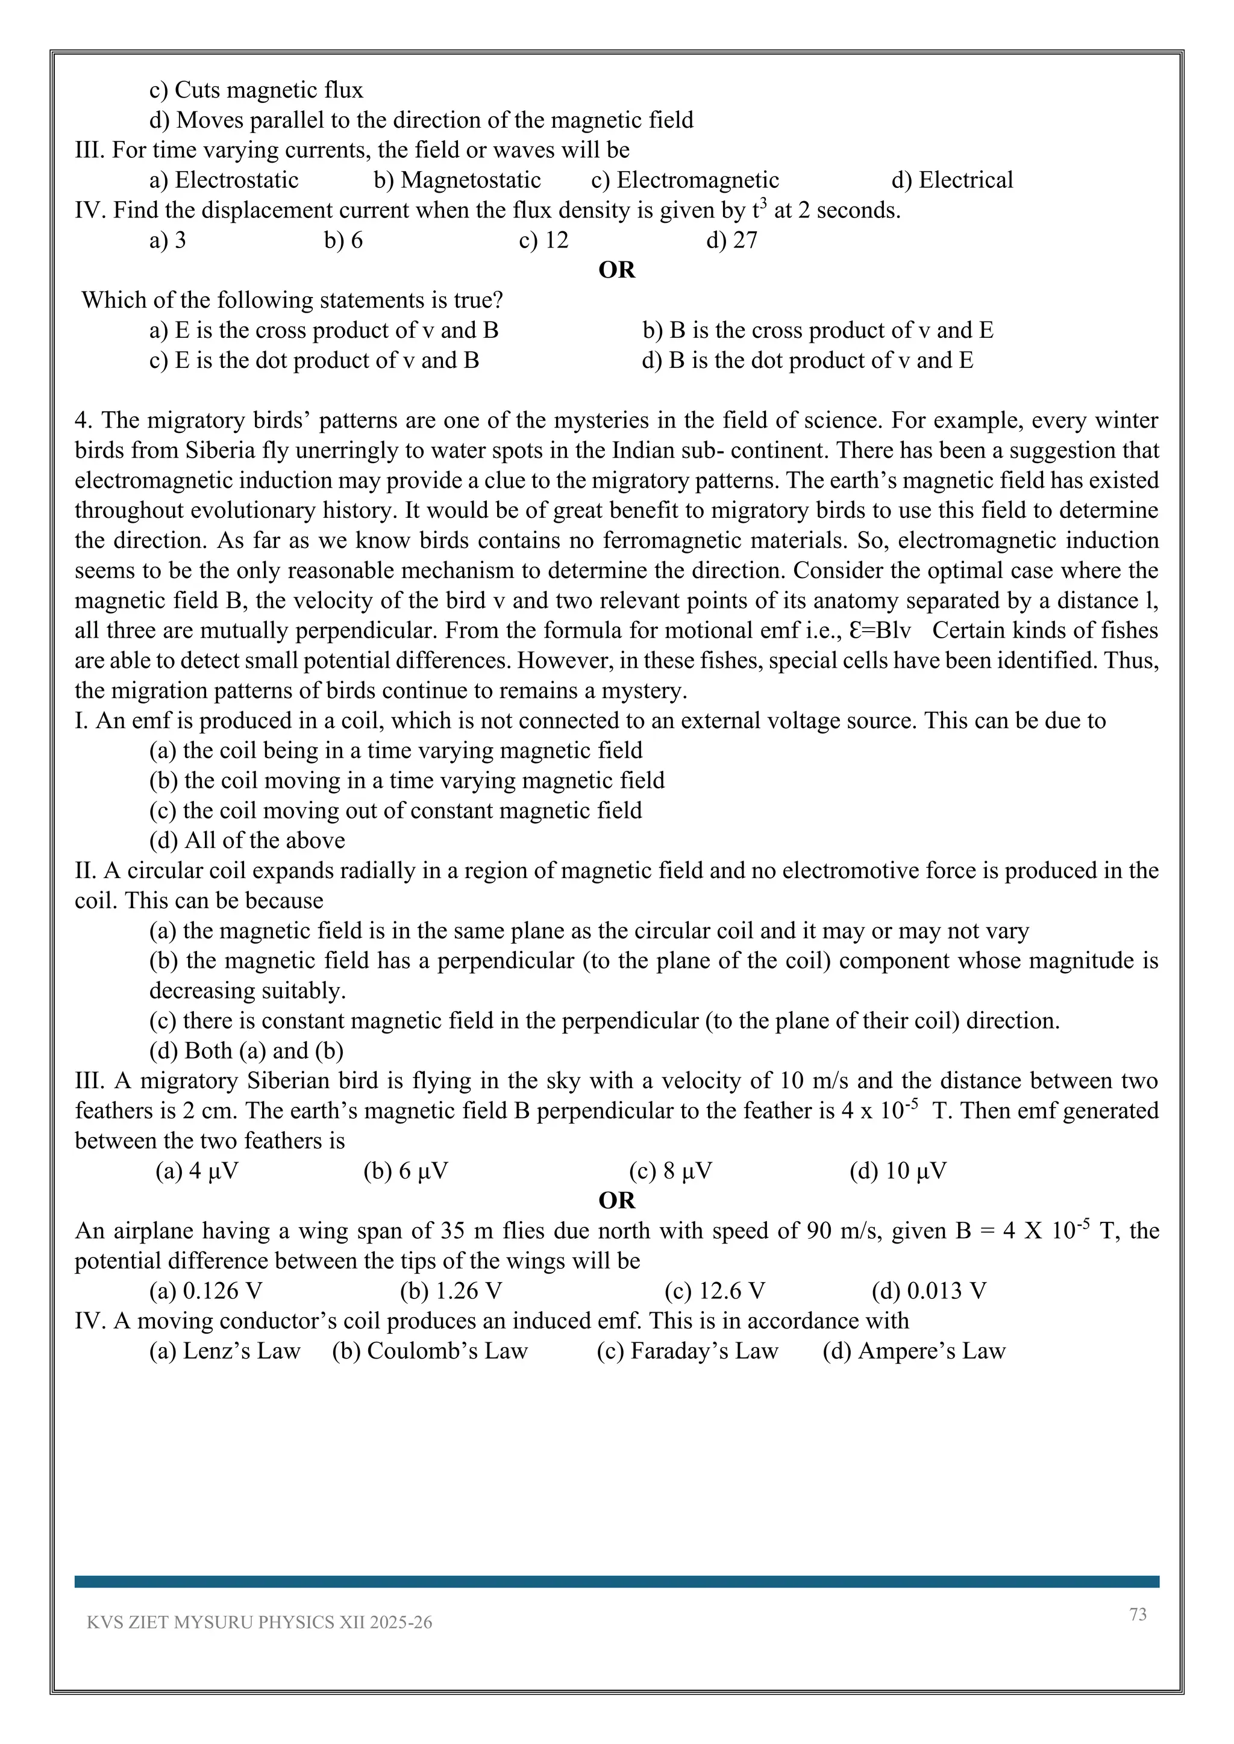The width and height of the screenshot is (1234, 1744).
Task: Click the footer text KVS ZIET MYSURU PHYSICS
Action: click(259, 1622)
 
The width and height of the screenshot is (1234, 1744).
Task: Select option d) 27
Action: click(731, 240)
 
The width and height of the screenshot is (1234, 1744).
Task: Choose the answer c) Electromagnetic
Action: click(684, 180)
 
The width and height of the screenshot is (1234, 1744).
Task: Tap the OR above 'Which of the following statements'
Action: click(616, 270)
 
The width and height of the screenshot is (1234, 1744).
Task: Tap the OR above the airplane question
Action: click(616, 1201)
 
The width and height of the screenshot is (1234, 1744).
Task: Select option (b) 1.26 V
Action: click(451, 1291)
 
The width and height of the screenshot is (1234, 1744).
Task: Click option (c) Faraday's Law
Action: click(687, 1351)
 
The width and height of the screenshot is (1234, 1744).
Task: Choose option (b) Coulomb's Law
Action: click(430, 1351)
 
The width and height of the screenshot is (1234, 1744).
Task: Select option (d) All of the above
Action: click(247, 840)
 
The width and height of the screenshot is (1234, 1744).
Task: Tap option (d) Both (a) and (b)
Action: click(246, 1050)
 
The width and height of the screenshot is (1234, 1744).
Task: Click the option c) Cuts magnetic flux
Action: click(256, 90)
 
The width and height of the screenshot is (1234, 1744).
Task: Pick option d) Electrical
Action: click(952, 180)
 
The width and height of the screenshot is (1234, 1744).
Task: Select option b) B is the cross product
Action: click(818, 331)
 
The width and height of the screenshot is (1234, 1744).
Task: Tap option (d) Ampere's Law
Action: click(913, 1351)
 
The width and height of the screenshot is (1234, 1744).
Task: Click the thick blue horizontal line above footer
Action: click(616, 1581)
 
